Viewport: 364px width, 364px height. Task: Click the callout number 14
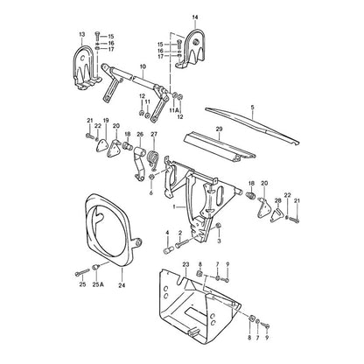(195, 17)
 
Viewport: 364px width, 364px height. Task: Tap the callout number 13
(82, 35)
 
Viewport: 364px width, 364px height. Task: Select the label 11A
(174, 110)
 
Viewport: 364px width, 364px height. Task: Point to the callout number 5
(252, 108)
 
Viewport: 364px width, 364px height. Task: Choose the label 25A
(98, 284)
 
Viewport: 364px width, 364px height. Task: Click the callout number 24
(122, 285)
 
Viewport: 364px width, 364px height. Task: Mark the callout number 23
(185, 264)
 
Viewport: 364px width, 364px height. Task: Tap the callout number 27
(154, 134)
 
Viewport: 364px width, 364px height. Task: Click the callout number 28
(277, 200)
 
